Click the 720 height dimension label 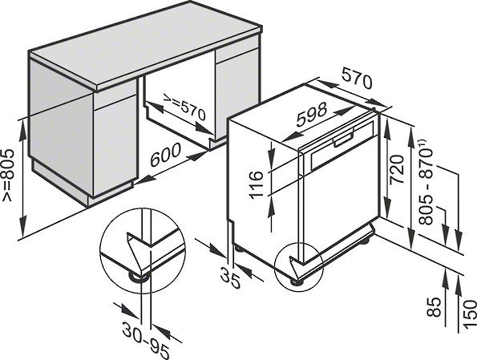[x=398, y=169]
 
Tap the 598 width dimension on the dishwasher [x=312, y=114]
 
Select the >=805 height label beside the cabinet [x=7, y=175]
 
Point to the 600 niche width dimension [x=165, y=155]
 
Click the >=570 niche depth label [x=184, y=106]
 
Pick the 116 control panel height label [x=257, y=184]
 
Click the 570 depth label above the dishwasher [x=357, y=79]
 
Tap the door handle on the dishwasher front [x=344, y=139]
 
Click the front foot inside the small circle [x=297, y=281]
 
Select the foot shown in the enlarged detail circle [x=139, y=277]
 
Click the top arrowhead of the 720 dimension [x=387, y=126]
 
